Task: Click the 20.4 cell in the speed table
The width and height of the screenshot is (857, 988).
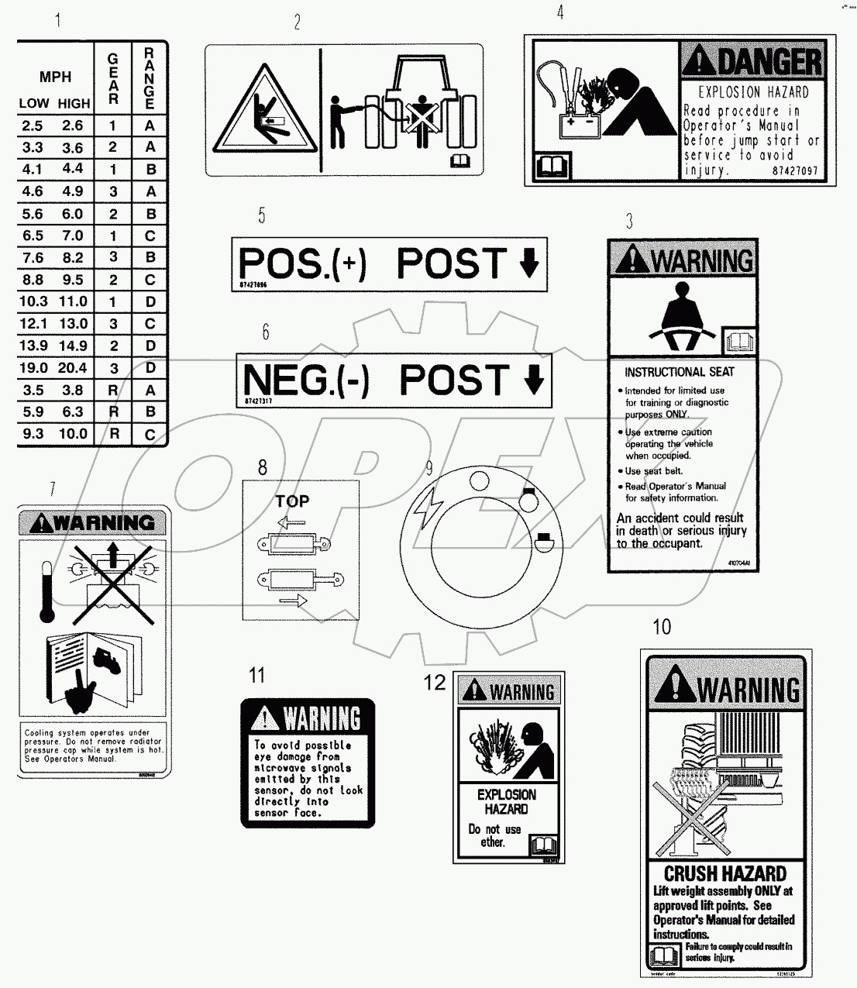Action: pos(73,368)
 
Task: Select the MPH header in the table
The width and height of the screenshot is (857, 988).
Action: pos(55,77)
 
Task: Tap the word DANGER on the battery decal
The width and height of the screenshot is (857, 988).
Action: pos(766,62)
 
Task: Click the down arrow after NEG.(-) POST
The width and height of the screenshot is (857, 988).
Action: pos(534,380)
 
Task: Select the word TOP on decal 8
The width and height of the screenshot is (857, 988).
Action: pos(292,501)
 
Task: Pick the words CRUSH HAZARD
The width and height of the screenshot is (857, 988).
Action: pos(724,874)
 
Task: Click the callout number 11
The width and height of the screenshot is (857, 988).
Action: pos(256,675)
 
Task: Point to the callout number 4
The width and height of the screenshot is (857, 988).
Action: pos(560,12)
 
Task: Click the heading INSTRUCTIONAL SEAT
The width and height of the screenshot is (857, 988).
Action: pos(679,372)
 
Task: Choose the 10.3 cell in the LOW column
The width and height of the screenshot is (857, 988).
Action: pos(33,302)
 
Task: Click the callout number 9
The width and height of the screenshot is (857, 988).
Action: pos(428,467)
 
